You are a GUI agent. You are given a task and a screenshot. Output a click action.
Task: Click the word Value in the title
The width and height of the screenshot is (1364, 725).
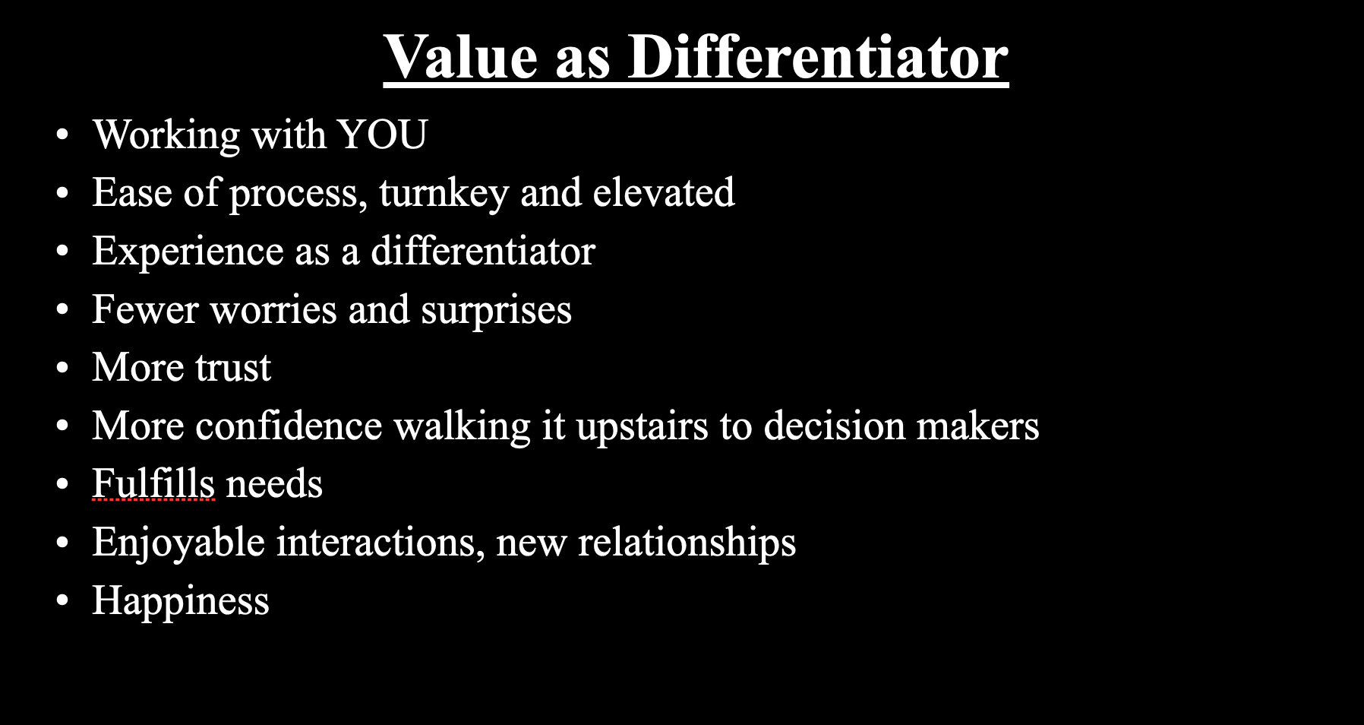coord(461,57)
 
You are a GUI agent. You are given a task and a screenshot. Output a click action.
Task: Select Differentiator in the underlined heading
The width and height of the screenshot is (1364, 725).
coord(818,57)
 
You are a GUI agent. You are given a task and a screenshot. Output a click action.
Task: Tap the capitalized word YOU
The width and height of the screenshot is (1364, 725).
coord(383,135)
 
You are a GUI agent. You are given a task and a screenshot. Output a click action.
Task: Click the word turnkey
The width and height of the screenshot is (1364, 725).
coord(444,194)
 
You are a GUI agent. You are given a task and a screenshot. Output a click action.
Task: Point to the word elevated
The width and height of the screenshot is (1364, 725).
coord(664,192)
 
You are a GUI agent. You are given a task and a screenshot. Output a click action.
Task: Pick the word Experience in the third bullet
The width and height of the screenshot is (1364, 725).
coord(188,252)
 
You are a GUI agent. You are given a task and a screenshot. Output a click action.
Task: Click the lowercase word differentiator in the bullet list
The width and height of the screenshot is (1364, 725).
coord(483,251)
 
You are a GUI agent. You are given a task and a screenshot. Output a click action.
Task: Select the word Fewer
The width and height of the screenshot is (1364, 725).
coord(145,310)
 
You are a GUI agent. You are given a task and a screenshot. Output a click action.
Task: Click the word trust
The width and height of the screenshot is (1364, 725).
coord(233,369)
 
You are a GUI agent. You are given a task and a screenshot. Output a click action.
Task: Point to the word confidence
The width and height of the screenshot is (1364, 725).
coord(289,426)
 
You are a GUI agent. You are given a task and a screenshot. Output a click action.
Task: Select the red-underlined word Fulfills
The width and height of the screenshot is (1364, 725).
coord(153,484)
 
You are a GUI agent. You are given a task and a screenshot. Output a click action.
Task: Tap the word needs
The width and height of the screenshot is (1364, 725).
coord(274,485)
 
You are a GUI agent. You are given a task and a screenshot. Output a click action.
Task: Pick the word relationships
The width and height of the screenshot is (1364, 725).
coord(687,543)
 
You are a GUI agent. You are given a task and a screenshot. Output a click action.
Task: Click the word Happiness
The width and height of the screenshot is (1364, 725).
coord(181,601)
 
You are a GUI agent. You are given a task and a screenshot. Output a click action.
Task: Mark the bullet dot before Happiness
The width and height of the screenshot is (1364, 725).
coord(62,601)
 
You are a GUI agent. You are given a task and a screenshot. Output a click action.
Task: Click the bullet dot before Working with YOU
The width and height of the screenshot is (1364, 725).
coord(62,135)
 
